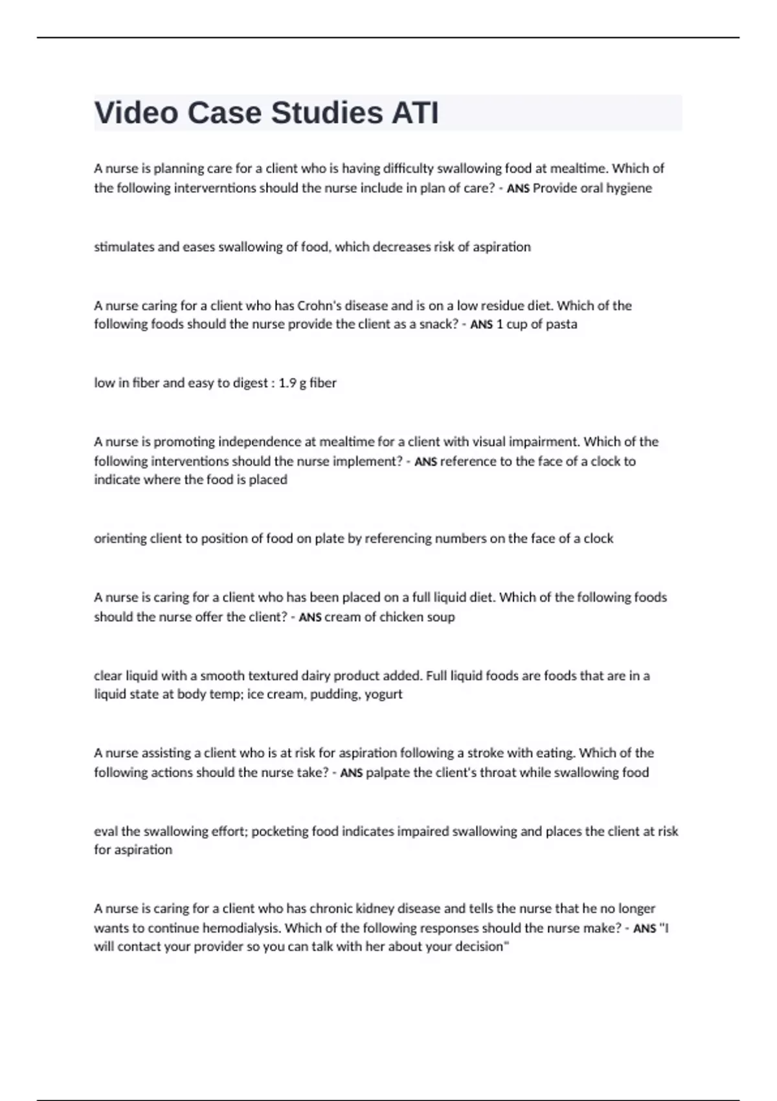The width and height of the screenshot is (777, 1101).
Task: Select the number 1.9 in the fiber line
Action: click(x=287, y=383)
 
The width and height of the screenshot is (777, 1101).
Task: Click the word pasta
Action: click(x=562, y=324)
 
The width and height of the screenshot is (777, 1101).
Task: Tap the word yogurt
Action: click(x=383, y=694)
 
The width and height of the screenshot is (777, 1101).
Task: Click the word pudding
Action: click(x=333, y=694)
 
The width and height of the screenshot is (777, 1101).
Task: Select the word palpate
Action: click(x=387, y=772)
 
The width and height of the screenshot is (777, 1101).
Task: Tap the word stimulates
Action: click(x=124, y=247)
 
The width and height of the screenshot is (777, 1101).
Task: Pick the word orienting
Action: click(x=120, y=538)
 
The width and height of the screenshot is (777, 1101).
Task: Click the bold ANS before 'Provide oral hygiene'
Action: click(x=518, y=188)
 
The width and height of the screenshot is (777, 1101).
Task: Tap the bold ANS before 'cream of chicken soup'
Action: click(x=310, y=617)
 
